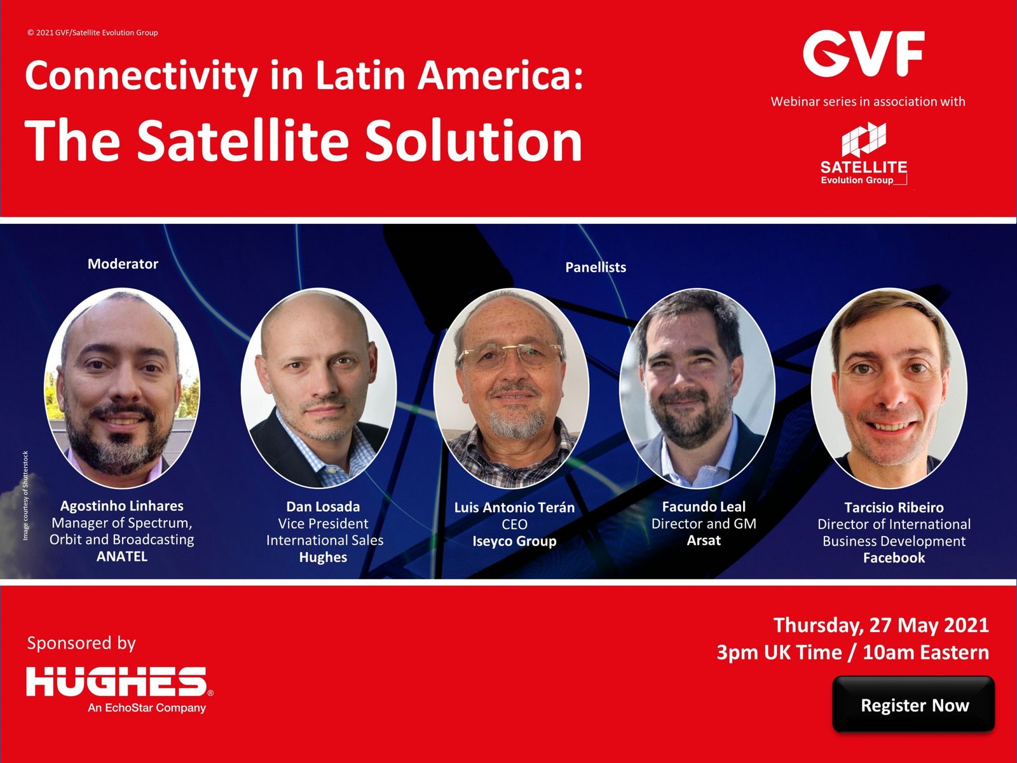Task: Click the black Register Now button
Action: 913,704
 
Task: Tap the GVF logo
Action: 864,53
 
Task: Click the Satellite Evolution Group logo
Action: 864,153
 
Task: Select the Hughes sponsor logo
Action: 119,689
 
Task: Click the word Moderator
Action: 123,264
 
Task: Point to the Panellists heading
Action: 596,267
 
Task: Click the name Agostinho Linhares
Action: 122,505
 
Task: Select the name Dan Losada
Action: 323,506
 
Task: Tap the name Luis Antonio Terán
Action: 514,507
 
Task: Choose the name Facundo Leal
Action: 704,506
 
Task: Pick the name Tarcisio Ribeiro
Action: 894,507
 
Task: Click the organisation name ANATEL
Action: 122,556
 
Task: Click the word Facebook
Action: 894,558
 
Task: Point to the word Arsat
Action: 704,540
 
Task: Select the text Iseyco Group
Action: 514,541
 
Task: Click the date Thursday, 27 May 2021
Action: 881,625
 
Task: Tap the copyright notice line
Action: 93,32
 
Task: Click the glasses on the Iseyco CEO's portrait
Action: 510,355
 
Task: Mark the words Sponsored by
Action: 81,643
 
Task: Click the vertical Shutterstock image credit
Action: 25,495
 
